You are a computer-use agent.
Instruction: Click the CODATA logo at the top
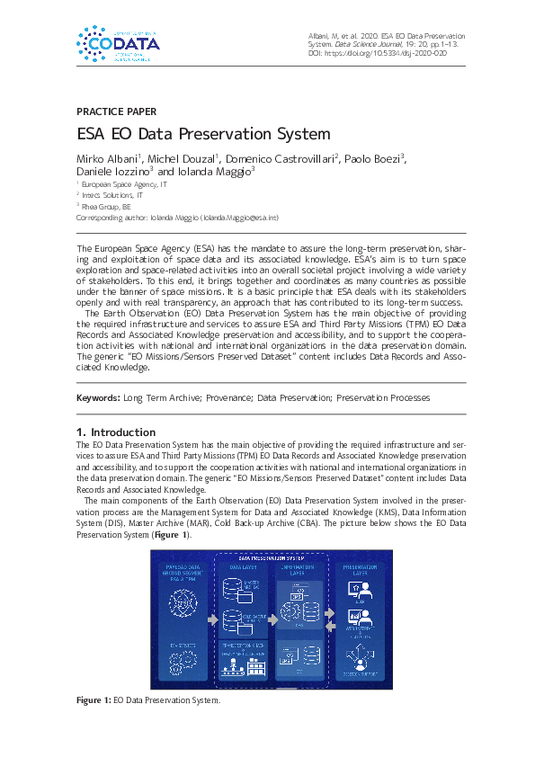118,43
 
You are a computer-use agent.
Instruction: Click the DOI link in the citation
397,53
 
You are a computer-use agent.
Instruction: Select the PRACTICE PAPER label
116,112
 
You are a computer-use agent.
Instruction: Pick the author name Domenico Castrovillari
281,158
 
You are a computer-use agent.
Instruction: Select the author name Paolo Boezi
373,158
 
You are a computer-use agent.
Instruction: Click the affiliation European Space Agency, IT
125,183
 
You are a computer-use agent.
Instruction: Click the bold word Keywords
96,396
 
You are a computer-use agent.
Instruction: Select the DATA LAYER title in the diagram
245,566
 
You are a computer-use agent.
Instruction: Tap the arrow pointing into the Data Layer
212,619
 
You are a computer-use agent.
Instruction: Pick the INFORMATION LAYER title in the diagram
298,569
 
